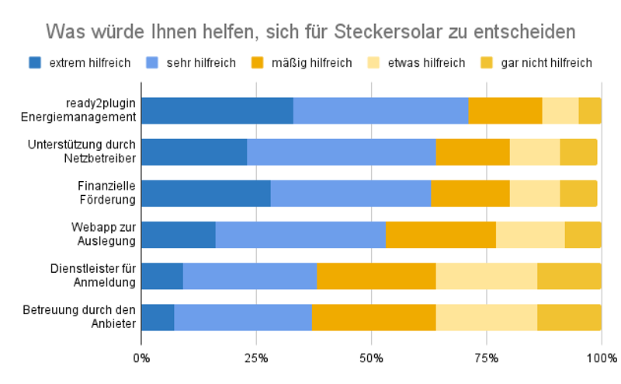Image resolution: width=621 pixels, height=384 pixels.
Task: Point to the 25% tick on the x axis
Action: click(256, 358)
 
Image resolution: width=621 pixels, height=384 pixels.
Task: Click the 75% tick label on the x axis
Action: click(487, 358)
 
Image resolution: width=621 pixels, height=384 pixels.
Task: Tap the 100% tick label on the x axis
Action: click(602, 358)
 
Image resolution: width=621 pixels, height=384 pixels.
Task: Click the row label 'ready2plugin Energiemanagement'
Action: click(102, 110)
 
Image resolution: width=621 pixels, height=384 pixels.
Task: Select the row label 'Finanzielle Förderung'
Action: click(106, 193)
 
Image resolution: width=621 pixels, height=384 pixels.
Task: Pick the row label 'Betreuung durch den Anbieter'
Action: click(91, 316)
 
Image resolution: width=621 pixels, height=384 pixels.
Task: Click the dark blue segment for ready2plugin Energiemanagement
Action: click(217, 111)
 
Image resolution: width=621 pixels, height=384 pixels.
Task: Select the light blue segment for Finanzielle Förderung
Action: click(351, 194)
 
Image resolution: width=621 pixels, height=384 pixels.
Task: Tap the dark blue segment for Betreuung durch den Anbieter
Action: click(158, 317)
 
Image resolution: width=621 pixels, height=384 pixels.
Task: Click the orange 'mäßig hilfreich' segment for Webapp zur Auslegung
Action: click(441, 235)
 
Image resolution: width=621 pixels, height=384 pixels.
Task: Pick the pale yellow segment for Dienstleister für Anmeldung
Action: click(487, 276)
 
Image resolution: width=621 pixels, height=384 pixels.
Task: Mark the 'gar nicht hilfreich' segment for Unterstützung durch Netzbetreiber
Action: click(578, 152)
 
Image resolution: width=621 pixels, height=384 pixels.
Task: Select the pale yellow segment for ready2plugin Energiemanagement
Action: click(560, 111)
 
